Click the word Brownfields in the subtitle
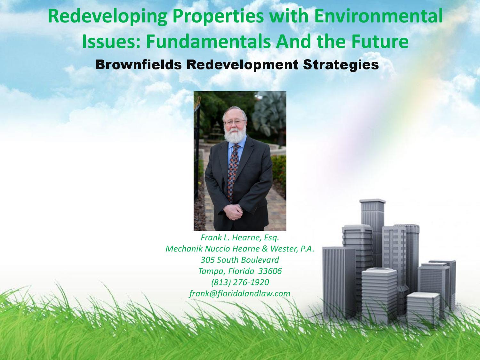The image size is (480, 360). (139, 65)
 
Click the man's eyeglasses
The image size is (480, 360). (235, 122)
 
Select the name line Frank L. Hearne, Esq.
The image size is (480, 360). (240, 237)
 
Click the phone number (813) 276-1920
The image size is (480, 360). (240, 282)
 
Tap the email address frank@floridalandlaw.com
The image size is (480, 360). (240, 293)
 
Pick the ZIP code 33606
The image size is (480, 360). (270, 271)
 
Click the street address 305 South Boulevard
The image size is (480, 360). (240, 260)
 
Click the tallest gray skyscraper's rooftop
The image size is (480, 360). (372, 201)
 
